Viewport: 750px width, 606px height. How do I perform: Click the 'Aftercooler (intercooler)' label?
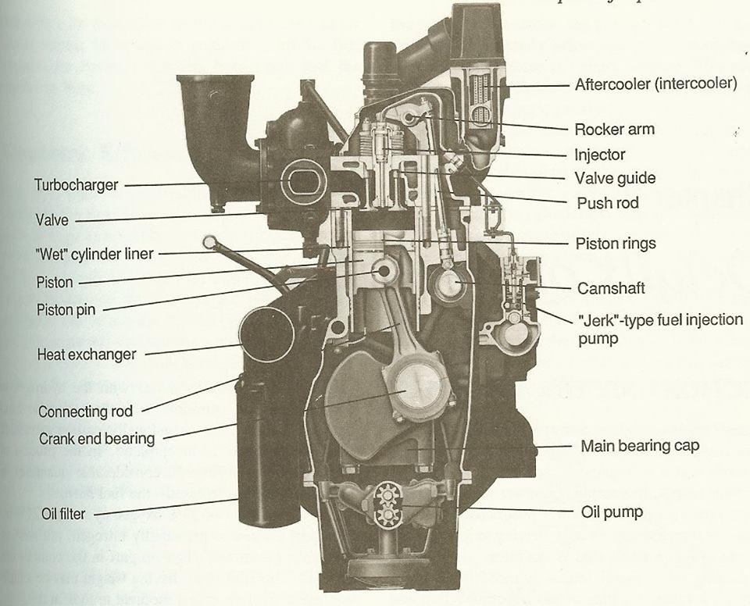[x=655, y=84]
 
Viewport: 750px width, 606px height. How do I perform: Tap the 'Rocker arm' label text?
[x=614, y=130]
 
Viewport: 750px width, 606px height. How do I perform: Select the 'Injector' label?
[x=599, y=155]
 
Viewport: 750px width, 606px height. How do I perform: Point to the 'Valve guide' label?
[x=615, y=178]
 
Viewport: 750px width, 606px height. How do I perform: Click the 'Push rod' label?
[x=607, y=203]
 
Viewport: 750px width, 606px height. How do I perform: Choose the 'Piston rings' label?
[x=616, y=244]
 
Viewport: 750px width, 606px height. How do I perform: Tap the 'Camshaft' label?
[x=611, y=288]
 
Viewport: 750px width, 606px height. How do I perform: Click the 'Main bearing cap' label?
[x=640, y=447]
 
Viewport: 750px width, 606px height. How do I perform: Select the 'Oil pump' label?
[x=612, y=512]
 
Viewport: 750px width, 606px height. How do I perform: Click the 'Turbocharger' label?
[x=76, y=185]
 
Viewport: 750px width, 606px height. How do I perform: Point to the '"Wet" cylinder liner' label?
[x=95, y=254]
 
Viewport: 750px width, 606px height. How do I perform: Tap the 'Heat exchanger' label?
[x=86, y=355]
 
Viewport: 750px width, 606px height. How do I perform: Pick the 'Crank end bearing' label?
[x=97, y=439]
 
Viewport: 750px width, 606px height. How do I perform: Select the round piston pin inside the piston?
[x=385, y=270]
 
